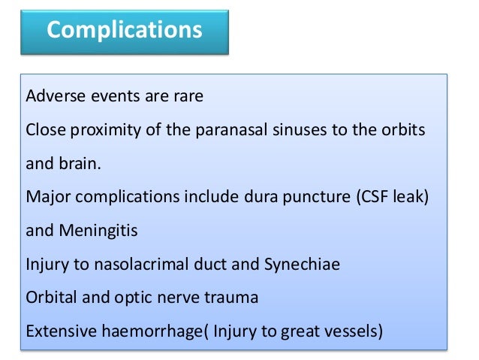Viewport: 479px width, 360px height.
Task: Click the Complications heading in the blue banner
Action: pos(125,31)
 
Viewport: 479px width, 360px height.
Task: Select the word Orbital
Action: pos(51,296)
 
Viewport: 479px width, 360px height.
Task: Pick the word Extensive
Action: pos(59,329)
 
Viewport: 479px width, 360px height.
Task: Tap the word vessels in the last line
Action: pos(353,329)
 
